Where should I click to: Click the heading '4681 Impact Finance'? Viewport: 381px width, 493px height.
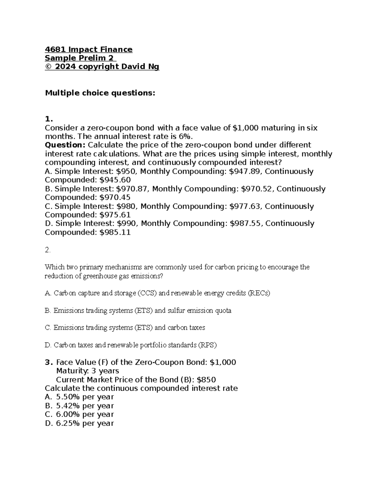coord(89,50)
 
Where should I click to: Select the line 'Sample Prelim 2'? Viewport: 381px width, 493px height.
coord(80,58)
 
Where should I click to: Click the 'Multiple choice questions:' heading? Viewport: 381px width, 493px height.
coord(100,93)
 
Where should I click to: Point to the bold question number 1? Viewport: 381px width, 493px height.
coord(48,119)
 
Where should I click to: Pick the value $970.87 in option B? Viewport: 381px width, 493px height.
coord(134,189)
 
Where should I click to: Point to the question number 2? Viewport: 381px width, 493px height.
coord(48,250)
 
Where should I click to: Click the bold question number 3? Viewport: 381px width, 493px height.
coord(48,363)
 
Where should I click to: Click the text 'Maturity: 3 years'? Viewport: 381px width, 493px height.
coord(87,371)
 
